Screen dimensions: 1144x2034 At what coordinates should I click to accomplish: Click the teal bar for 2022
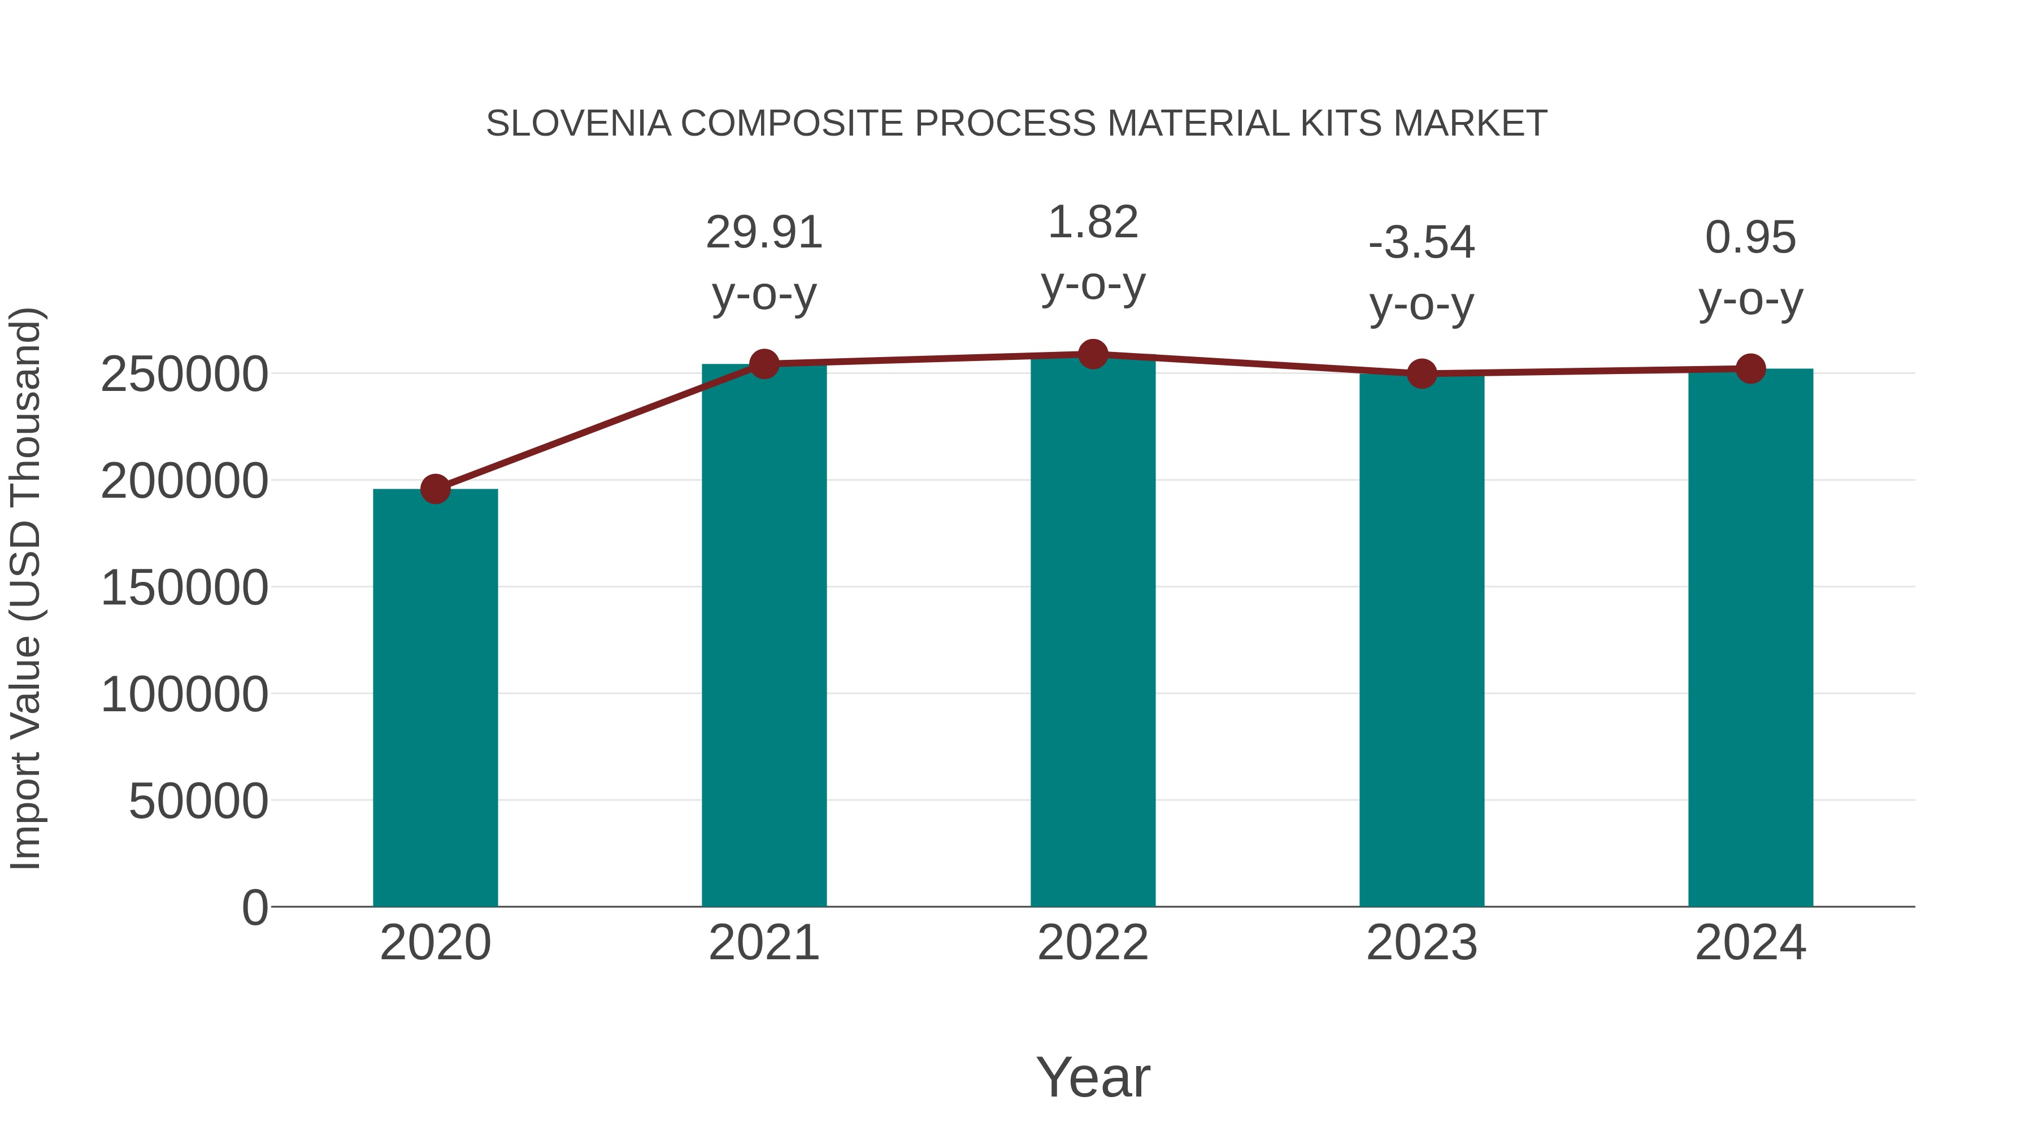1093,632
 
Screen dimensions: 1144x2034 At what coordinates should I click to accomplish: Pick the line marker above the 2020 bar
435,489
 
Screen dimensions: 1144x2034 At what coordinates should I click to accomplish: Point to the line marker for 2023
1422,373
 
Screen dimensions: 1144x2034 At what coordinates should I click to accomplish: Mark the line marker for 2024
1750,369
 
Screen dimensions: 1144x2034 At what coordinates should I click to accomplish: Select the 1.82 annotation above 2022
1093,223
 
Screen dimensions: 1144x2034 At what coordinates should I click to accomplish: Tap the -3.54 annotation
1422,242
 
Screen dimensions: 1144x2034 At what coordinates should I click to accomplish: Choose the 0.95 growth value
1750,238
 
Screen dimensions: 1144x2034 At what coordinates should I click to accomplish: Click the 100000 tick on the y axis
184,695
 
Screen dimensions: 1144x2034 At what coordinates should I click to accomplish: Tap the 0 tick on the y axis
254,908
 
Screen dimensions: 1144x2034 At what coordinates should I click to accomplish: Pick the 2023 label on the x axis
1422,943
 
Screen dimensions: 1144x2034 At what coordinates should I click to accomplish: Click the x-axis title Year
1093,1077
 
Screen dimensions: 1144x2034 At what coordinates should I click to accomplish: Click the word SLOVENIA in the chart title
578,124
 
